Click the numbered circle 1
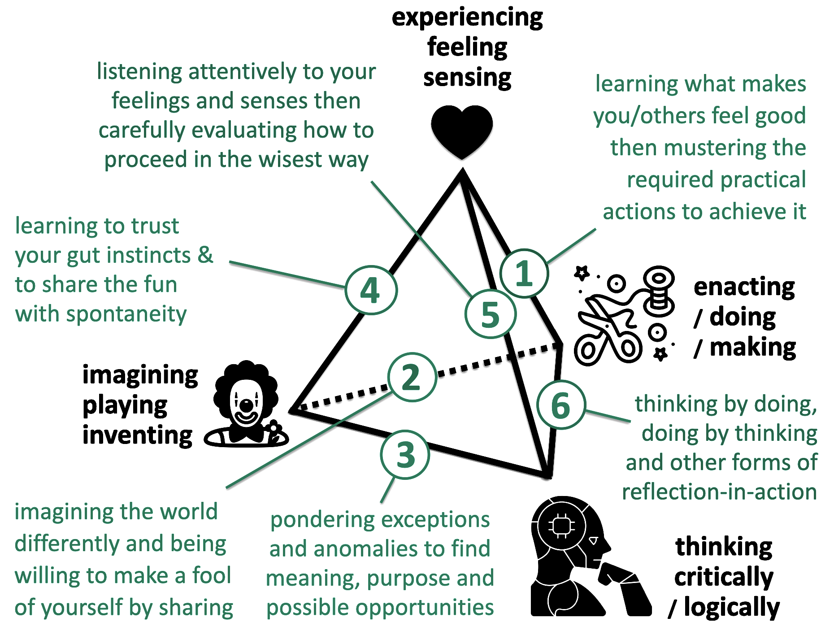[524, 273]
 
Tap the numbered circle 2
[412, 377]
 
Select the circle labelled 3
[405, 454]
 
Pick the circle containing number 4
[371, 290]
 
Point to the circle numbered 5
[491, 314]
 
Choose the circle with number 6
[561, 405]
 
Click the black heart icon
[462, 131]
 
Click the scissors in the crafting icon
[608, 332]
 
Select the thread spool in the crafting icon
[658, 292]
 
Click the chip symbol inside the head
[561, 525]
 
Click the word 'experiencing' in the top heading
[467, 18]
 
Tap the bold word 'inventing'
[137, 435]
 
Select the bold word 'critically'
[724, 577]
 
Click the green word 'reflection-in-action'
[719, 492]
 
